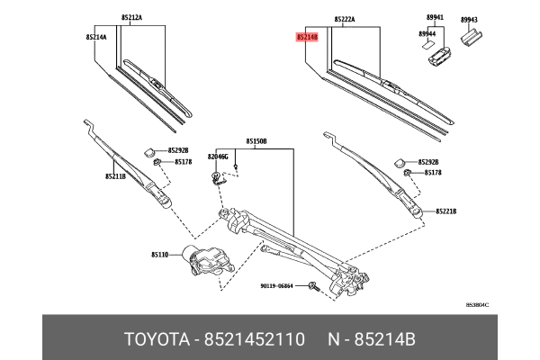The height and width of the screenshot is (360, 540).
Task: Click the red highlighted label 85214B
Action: (x=307, y=38)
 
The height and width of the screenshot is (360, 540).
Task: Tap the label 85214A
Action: (x=97, y=38)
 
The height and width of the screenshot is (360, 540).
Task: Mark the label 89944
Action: (x=427, y=33)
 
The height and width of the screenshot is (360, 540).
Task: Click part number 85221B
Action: (x=446, y=211)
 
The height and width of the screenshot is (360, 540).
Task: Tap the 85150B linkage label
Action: (x=256, y=141)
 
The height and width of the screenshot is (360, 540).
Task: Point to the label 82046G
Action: (x=220, y=157)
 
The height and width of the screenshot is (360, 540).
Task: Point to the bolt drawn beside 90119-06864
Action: (x=311, y=288)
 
